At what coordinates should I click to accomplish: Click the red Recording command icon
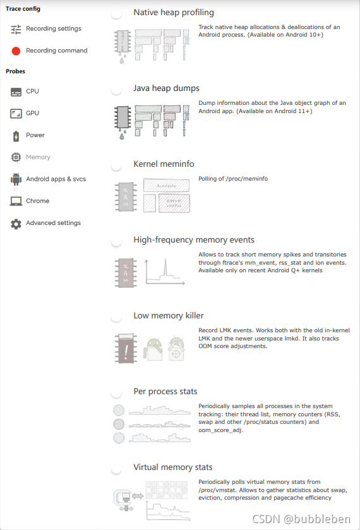click(x=16, y=51)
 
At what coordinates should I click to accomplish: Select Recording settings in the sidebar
click(x=54, y=28)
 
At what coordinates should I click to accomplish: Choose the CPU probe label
click(x=32, y=91)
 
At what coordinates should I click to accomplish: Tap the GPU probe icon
click(x=16, y=113)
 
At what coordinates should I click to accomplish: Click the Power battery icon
click(x=16, y=136)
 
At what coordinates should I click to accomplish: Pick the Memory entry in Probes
click(x=38, y=157)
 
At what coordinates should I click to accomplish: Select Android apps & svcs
click(x=56, y=179)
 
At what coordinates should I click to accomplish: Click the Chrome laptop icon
click(x=16, y=201)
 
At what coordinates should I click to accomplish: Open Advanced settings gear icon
click(x=16, y=224)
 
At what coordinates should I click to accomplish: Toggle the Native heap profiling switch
click(x=116, y=13)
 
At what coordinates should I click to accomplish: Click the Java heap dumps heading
click(x=166, y=88)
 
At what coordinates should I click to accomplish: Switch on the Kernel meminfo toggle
click(x=116, y=166)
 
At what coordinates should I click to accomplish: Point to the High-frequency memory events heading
click(x=194, y=240)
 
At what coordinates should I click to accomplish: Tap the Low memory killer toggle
click(x=116, y=316)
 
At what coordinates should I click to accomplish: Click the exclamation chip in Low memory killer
click(x=126, y=348)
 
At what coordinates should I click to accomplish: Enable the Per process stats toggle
click(x=116, y=392)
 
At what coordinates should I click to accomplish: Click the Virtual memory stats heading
click(x=172, y=467)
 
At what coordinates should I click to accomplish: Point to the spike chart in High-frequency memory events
click(x=165, y=272)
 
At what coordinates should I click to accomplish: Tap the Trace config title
click(x=23, y=9)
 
